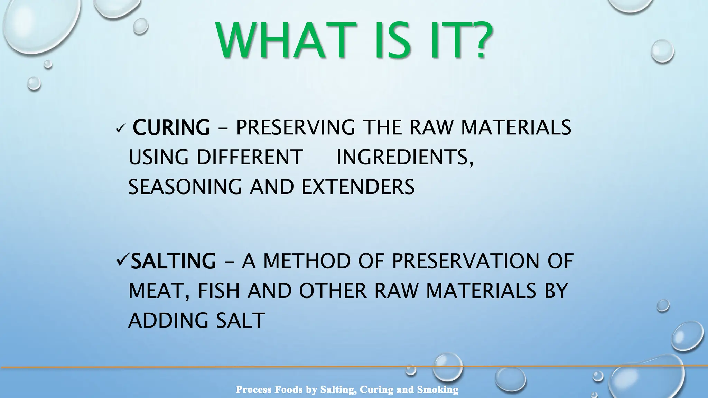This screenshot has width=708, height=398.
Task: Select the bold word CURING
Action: click(x=171, y=127)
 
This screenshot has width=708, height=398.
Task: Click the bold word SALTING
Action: click(x=174, y=261)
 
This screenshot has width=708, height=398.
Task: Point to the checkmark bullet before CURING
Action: click(x=120, y=129)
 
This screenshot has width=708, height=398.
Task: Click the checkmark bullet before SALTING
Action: click(x=122, y=260)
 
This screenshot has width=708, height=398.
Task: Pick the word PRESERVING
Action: click(x=295, y=127)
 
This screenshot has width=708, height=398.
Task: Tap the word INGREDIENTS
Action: click(x=404, y=157)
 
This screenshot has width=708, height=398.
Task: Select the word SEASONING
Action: click(x=185, y=187)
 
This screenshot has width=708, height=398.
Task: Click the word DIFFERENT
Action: click(x=250, y=157)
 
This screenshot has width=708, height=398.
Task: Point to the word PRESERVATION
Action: click(x=465, y=261)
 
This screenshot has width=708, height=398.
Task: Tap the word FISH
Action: click(x=218, y=291)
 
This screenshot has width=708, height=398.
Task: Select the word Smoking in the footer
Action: click(x=438, y=390)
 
